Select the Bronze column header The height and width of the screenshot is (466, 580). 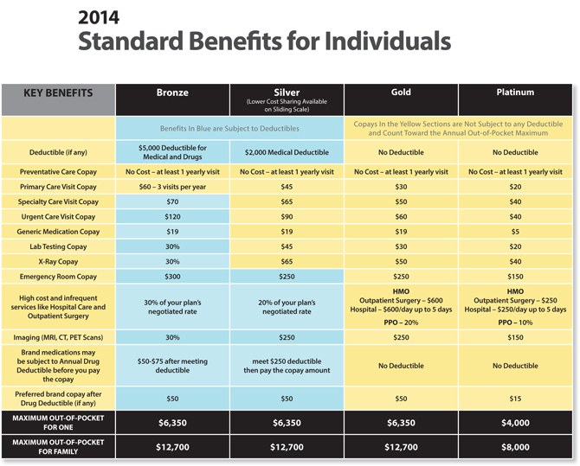tap(172, 93)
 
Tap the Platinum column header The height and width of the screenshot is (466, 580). tap(515, 93)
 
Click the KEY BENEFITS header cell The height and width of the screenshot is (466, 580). tap(58, 93)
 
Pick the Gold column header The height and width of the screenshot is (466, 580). tap(401, 93)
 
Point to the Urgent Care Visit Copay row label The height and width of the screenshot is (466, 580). tap(58, 216)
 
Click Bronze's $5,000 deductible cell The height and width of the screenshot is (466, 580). tap(172, 152)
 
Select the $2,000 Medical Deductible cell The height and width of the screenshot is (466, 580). tap(287, 152)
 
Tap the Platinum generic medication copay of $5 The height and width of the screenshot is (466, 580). tap(515, 232)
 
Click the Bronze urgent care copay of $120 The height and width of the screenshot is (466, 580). tap(172, 216)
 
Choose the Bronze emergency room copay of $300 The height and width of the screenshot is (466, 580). tap(172, 277)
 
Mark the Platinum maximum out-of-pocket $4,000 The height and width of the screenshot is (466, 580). tap(515, 423)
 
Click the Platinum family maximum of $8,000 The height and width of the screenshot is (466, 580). tap(515, 447)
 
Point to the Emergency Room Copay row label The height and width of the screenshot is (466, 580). tap(58, 277)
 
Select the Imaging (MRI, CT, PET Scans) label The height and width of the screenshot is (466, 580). tap(58, 335)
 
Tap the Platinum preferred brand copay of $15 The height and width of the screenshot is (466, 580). tap(515, 398)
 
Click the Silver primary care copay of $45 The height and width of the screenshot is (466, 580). tap(287, 186)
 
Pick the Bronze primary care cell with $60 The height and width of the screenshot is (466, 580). tap(172, 186)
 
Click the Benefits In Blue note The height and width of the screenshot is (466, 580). tap(229, 128)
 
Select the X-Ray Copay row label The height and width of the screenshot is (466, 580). tap(58, 261)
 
